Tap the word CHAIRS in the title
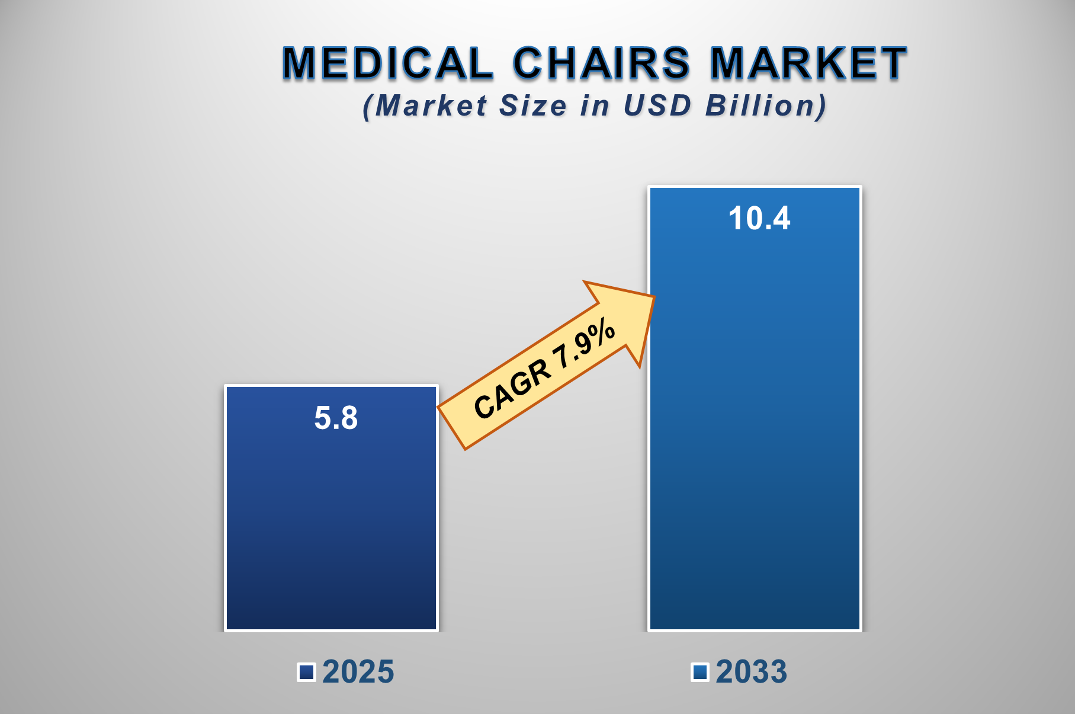pos(601,63)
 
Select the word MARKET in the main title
pos(808,63)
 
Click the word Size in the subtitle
pos(533,106)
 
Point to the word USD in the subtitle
pos(657,106)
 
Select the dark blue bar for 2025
pos(331,521)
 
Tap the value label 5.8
pos(336,418)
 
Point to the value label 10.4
pos(759,219)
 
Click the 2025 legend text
pos(358,672)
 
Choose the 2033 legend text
pos(751,672)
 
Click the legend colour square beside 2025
pos(306,673)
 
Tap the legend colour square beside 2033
pos(700,673)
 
